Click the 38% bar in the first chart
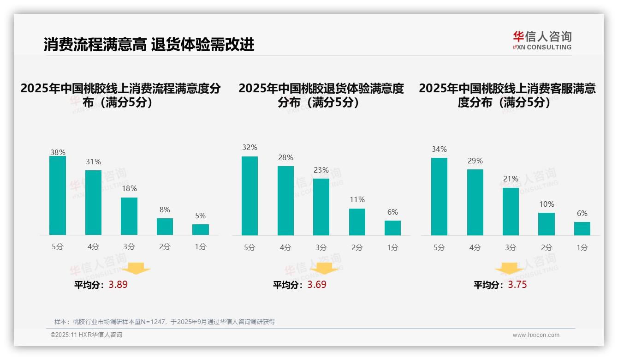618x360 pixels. (x=58, y=196)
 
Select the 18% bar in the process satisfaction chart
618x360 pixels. (x=129, y=216)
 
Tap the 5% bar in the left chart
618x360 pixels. (x=201, y=229)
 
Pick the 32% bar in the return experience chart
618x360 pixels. (x=250, y=196)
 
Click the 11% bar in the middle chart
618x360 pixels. (x=357, y=222)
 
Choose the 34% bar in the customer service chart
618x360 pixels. (x=439, y=197)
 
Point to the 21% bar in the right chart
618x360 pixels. (x=511, y=211)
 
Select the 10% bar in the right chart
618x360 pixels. (x=547, y=224)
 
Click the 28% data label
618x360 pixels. (x=285, y=158)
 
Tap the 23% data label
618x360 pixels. (x=321, y=170)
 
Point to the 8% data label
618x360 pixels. (x=165, y=209)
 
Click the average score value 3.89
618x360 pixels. (x=118, y=285)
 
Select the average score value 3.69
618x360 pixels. (x=317, y=285)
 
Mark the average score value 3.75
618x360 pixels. (x=517, y=285)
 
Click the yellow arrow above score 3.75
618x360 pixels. (x=509, y=269)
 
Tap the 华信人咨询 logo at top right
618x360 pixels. (x=542, y=40)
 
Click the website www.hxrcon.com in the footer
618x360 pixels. (x=536, y=335)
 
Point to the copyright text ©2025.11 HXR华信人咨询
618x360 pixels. (x=86, y=335)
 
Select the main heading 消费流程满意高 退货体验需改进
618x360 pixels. (x=149, y=45)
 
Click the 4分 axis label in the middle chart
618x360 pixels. (x=285, y=248)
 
